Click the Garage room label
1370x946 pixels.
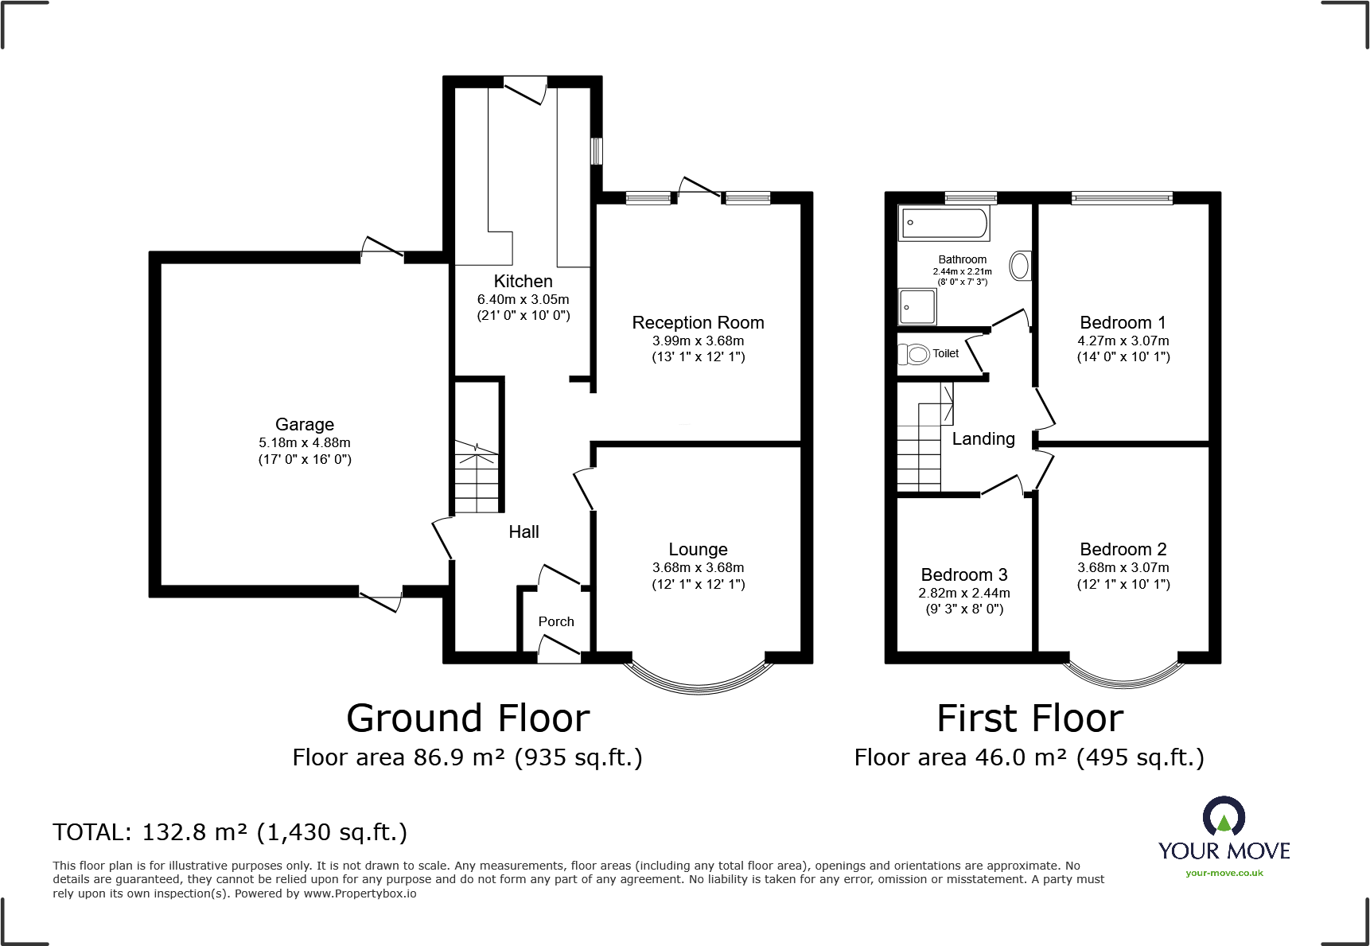304,424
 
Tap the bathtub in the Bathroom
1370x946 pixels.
944,223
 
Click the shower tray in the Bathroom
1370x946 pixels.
917,306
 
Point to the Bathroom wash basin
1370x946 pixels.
1020,265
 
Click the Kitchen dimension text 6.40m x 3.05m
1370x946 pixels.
523,299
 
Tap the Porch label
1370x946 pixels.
555,621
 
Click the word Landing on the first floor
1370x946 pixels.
983,438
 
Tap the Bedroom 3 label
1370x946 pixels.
963,574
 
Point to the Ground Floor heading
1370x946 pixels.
468,718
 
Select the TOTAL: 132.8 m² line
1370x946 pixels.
230,832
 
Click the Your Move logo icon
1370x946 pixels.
1223,817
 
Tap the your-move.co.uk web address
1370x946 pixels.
1224,873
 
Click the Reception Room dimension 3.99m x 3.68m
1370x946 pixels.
698,341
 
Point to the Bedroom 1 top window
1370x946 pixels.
1121,197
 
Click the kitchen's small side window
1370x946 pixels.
596,151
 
